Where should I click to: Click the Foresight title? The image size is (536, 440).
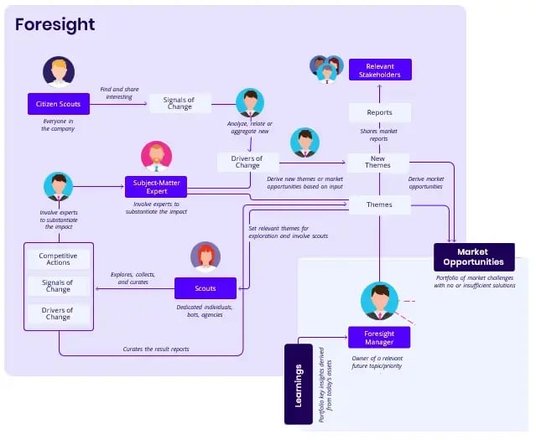pos(55,24)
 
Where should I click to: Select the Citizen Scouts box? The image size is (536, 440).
pos(58,104)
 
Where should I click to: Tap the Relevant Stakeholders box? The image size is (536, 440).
pos(380,70)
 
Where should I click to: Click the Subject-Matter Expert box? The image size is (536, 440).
pos(157,186)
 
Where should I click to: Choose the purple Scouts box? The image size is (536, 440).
pos(205,288)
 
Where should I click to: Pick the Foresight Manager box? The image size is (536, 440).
pos(378,337)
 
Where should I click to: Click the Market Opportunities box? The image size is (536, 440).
pos(474,256)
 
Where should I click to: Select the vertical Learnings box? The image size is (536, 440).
pos(299,384)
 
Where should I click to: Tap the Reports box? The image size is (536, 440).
pos(379,112)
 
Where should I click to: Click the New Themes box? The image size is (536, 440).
pos(377,161)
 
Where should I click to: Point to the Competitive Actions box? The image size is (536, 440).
pos(58,258)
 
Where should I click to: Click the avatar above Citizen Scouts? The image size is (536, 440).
pos(59,72)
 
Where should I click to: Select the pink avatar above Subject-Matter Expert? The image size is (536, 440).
pos(156,156)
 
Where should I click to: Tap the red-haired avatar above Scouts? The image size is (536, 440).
pos(206,256)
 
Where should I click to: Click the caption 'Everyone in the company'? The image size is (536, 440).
pos(59,125)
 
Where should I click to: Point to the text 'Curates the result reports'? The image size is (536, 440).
pos(155,349)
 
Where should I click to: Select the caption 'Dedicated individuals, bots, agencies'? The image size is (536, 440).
pos(206,311)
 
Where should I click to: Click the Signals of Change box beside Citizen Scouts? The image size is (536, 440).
pos(180,104)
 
